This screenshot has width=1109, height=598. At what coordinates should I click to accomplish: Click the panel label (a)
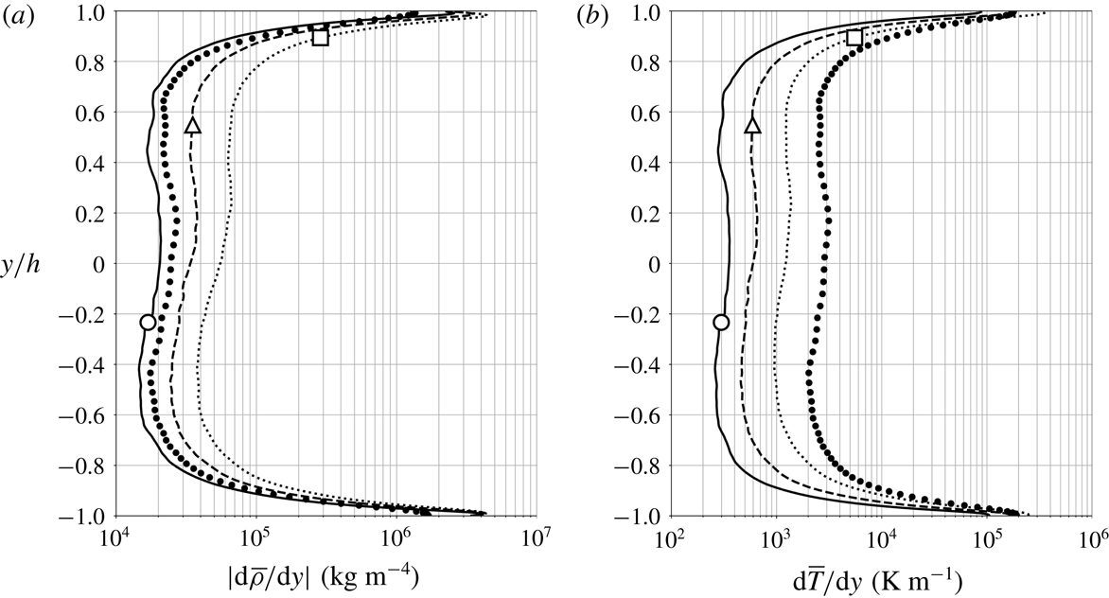(17, 14)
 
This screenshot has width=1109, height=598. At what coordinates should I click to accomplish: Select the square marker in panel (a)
(321, 38)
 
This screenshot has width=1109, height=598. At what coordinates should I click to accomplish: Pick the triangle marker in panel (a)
(193, 125)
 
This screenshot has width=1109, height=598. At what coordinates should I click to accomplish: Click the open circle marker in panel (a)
(148, 323)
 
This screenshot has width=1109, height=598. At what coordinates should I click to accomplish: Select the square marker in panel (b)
(854, 38)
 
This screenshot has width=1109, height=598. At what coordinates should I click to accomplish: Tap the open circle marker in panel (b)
(721, 323)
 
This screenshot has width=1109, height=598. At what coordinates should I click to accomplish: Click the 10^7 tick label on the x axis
(535, 540)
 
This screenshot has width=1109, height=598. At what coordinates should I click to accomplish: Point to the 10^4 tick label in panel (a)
(114, 540)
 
